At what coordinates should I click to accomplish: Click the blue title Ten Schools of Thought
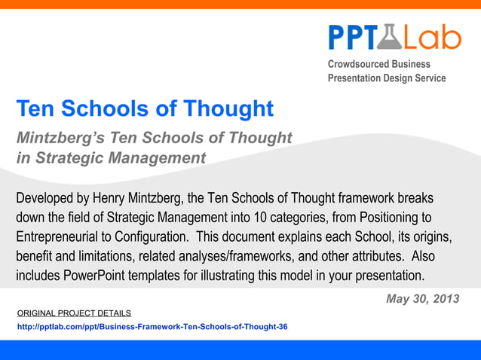click(145, 109)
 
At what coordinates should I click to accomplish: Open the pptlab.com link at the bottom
click(152, 327)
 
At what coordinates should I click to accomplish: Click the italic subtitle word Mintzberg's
click(60, 139)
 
